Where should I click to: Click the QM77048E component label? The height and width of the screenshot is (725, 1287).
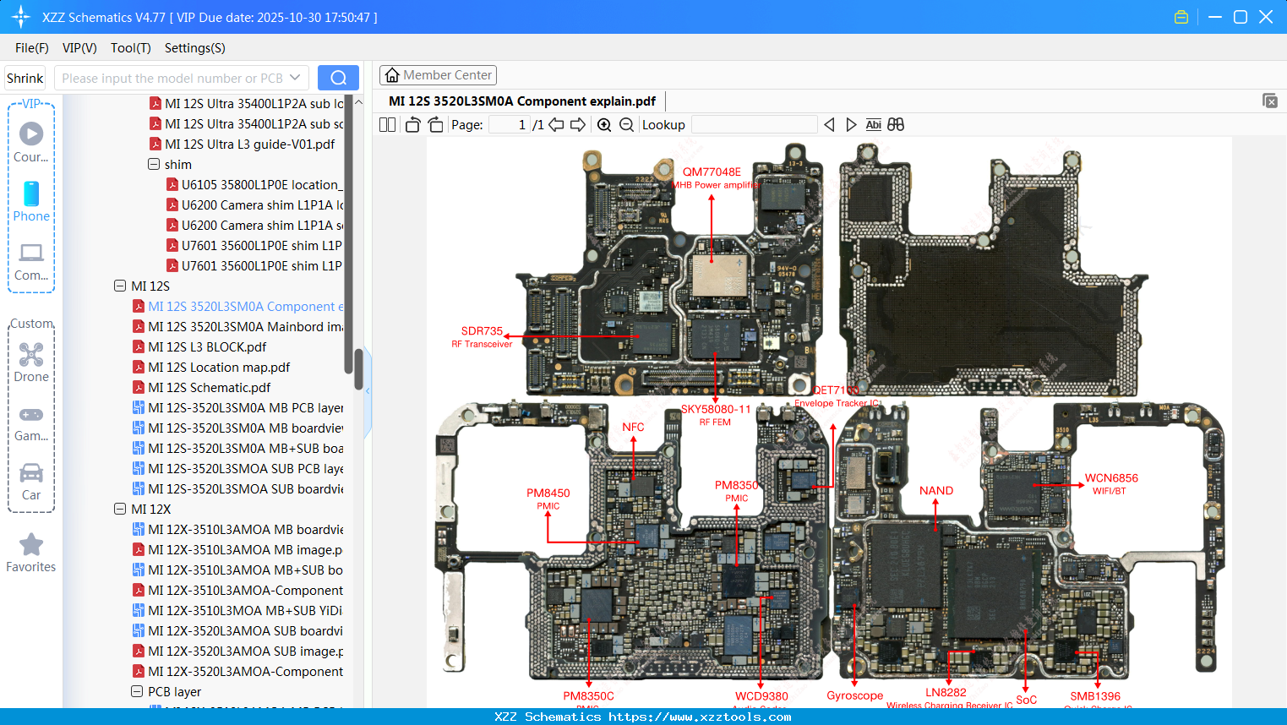(x=712, y=172)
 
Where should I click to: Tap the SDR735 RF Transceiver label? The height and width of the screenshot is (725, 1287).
(x=482, y=331)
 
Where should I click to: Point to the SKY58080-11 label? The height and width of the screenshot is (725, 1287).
(x=716, y=410)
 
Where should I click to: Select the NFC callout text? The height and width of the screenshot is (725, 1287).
(x=633, y=428)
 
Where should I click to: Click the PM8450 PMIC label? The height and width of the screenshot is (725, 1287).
(x=548, y=493)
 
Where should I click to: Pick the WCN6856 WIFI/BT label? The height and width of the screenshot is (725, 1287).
(x=1110, y=478)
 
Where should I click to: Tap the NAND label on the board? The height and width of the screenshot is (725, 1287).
(x=935, y=491)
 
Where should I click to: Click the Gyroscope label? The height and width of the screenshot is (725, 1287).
(x=854, y=695)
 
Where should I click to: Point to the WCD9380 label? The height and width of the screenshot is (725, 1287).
(x=761, y=696)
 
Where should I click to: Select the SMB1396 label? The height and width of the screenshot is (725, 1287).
(x=1095, y=696)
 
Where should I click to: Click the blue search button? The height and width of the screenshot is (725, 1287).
(x=338, y=78)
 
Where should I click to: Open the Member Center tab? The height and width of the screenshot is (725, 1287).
(x=438, y=75)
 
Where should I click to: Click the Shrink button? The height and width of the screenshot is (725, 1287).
(x=25, y=78)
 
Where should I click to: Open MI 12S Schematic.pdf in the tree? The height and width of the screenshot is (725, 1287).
(x=209, y=388)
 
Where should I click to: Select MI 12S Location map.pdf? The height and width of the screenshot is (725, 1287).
(x=218, y=368)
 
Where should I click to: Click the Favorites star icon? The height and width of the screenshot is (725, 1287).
(x=31, y=545)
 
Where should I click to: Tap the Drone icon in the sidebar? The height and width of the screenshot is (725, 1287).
(x=31, y=355)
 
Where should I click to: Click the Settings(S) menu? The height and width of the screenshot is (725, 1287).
(x=194, y=48)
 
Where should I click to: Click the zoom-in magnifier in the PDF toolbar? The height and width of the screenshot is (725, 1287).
(x=604, y=125)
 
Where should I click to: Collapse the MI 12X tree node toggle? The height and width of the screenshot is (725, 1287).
(x=120, y=510)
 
